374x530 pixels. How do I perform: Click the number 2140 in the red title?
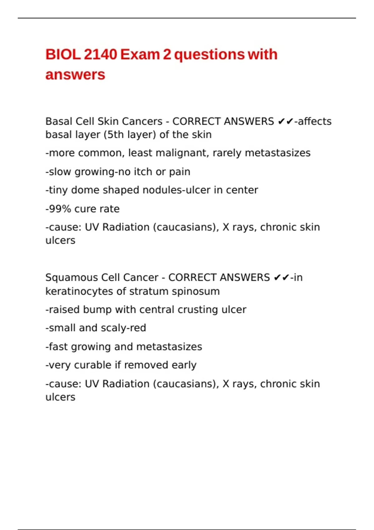click(x=100, y=55)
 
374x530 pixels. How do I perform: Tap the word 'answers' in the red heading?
click(x=75, y=75)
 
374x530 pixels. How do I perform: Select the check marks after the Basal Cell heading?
click(x=285, y=121)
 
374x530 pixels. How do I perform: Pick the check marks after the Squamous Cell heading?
click(x=281, y=278)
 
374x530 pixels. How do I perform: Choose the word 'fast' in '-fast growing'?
click(x=58, y=347)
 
